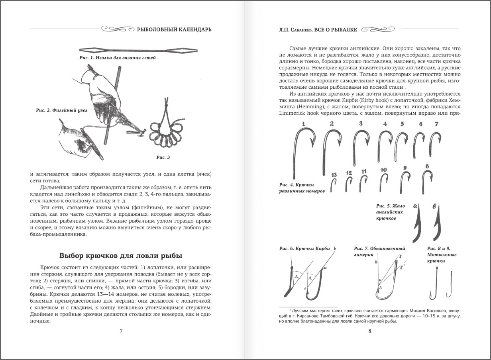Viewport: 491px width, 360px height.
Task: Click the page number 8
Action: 369,331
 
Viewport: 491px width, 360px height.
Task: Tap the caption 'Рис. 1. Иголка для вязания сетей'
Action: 118,58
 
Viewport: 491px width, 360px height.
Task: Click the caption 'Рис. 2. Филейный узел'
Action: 56,110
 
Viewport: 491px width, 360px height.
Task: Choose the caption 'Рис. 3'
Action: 163,157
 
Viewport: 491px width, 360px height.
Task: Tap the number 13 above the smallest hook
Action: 334,175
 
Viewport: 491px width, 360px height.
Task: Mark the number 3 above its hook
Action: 361,123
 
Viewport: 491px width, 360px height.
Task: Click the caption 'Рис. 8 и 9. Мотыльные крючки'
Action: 442,254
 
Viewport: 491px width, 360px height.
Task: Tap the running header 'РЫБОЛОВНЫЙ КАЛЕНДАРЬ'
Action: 174,29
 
